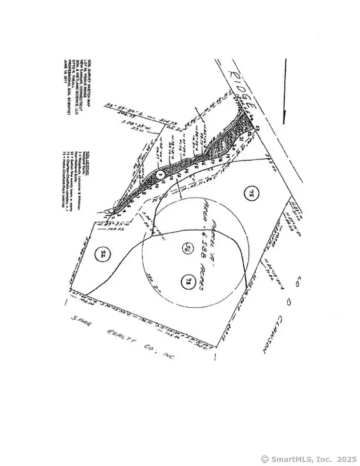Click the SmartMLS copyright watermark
point(308,458)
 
